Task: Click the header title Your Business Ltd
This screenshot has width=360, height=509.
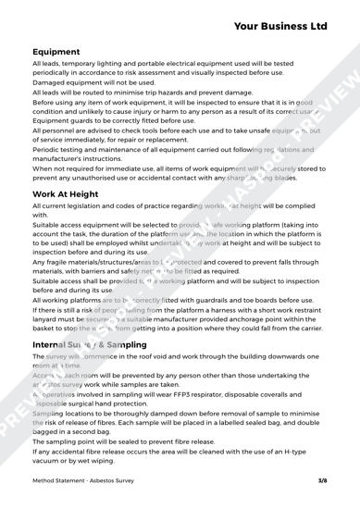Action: (276, 19)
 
